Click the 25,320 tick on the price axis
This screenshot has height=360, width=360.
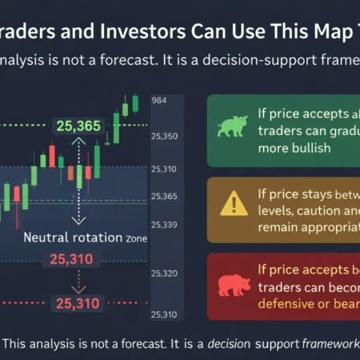(164, 273)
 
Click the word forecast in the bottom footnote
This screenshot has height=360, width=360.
(147, 342)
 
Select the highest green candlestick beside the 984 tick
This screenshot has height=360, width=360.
(134, 103)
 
